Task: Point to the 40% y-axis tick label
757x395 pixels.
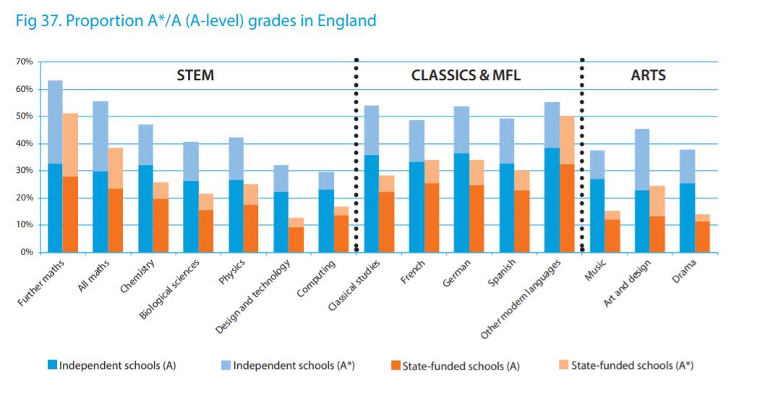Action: [24, 144]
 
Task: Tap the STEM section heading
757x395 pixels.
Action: [195, 75]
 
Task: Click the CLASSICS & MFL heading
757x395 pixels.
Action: [466, 75]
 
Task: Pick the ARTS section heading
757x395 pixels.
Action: [648, 75]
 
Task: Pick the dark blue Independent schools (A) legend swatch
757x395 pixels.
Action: [52, 365]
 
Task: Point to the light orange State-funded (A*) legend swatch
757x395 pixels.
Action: [564, 365]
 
